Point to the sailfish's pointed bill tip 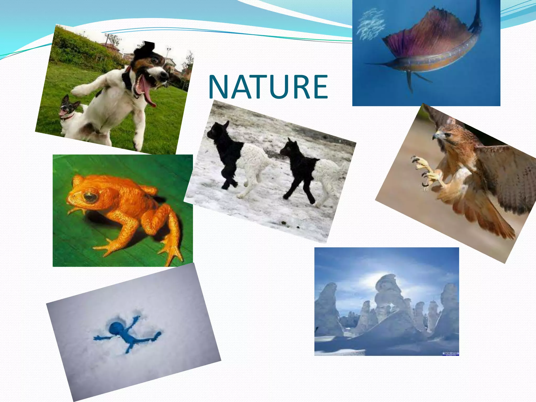366,64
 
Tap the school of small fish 370,25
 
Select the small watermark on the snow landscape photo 450,354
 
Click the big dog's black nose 165,75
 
